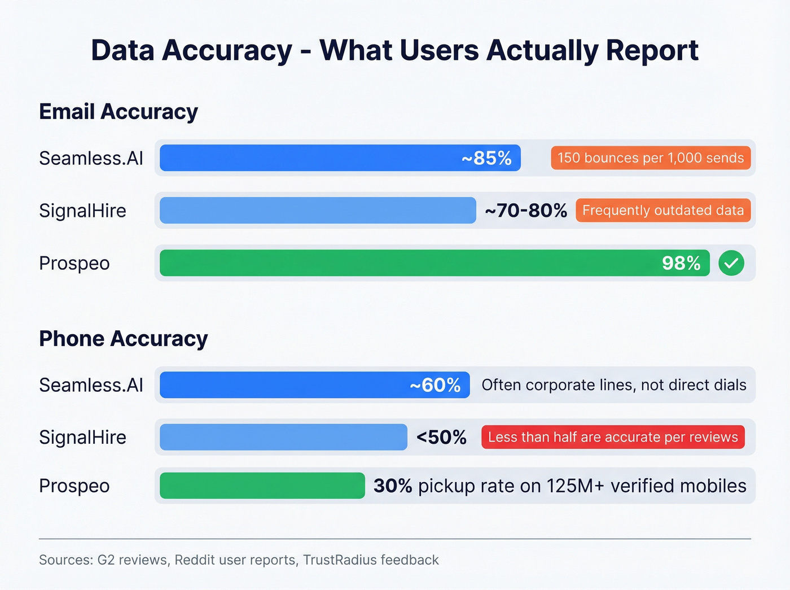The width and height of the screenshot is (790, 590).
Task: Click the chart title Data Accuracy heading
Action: [x=394, y=51]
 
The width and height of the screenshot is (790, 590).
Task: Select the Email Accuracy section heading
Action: [x=118, y=112]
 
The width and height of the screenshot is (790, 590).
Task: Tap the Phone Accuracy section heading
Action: [x=123, y=339]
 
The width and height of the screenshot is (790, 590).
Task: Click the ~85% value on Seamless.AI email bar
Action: [x=486, y=158]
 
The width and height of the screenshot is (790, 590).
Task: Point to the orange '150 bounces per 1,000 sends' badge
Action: [x=651, y=158]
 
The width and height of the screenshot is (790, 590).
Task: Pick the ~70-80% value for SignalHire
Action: [x=525, y=211]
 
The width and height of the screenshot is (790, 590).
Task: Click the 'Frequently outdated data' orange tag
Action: [x=663, y=211]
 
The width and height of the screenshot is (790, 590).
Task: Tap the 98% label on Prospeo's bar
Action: [x=681, y=263]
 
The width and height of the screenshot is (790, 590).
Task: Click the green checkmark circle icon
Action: [x=731, y=263]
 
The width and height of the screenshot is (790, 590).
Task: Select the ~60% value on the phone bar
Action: [x=435, y=385]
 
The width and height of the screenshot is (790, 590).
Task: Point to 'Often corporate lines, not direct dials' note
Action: [x=614, y=385]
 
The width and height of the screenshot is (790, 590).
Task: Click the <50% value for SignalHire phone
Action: [x=441, y=438]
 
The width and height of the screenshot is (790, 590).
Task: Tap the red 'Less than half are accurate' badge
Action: [x=613, y=438]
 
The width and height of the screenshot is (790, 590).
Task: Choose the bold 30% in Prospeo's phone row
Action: [x=393, y=486]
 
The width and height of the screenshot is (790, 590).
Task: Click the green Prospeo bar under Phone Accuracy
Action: [x=262, y=486]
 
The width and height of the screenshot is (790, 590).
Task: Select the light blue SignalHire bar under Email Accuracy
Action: [x=318, y=211]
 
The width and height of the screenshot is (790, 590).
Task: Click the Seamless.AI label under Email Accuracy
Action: [x=91, y=158]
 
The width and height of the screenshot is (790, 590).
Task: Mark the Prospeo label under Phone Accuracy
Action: [x=74, y=486]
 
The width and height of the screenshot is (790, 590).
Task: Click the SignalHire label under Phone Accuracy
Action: [x=82, y=438]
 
